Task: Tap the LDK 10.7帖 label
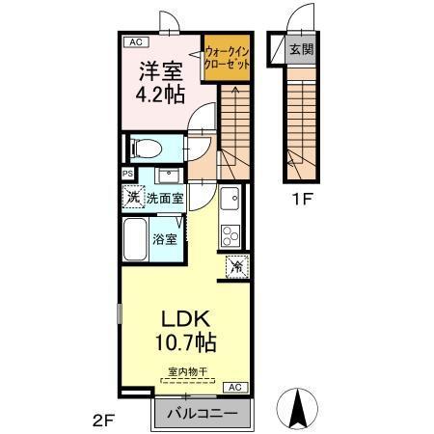pos(182,330)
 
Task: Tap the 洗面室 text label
pos(165,197)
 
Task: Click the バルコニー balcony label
pos(203,413)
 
